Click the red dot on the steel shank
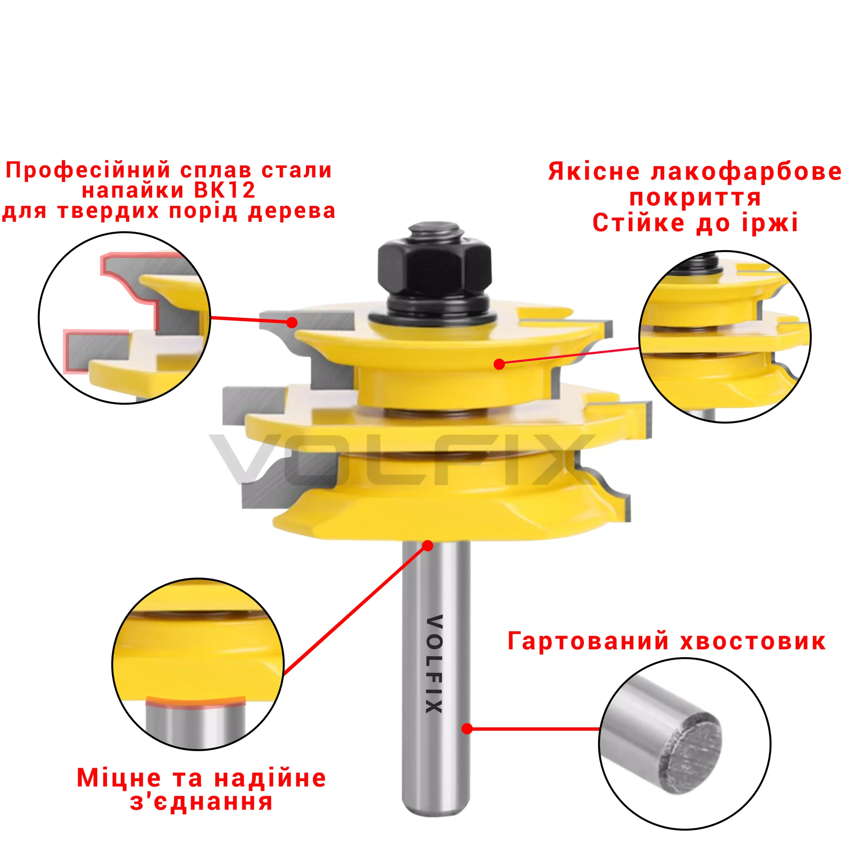467,729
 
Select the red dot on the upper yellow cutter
499,364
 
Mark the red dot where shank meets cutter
428,546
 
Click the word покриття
695,198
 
